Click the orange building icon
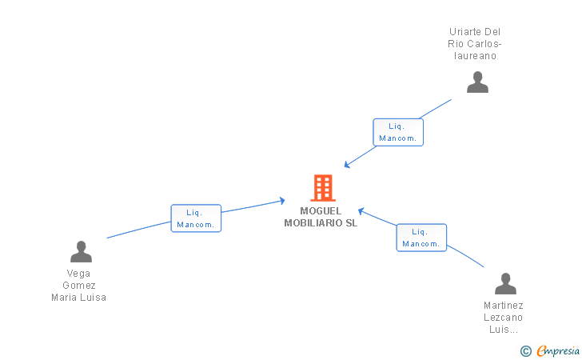tap(322, 188)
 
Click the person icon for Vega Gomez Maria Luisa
tap(81, 252)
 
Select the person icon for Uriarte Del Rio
tap(477, 82)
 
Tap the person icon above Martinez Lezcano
tap(505, 284)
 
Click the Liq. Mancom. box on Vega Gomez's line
tap(196, 218)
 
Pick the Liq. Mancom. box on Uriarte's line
tap(398, 132)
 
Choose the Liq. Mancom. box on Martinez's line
tap(421, 238)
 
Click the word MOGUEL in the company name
tap(321, 211)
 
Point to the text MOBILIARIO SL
tap(321, 223)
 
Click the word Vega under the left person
tap(79, 274)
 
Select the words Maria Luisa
tap(79, 298)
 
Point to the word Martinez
tap(504, 306)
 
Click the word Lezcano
tap(504, 318)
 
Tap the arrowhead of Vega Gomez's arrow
tap(282, 200)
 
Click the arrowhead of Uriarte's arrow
tap(346, 166)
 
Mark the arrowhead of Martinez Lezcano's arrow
tap(361, 210)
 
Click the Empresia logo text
tap(558, 350)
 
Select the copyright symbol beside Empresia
tap(525, 351)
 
